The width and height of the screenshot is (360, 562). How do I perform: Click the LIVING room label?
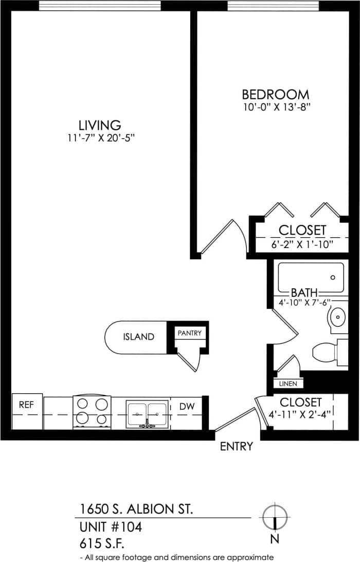tap(100, 125)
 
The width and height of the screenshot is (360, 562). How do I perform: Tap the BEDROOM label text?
tap(276, 95)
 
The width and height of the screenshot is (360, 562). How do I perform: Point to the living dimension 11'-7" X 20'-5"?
tap(100, 138)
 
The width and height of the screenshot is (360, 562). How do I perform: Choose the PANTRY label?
tap(190, 333)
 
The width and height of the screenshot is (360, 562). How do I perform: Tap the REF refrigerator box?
tap(26, 405)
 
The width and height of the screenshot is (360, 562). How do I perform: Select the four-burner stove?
tap(93, 412)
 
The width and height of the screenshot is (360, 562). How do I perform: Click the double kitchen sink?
tap(147, 414)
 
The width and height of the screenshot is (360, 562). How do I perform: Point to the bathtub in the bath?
tap(311, 277)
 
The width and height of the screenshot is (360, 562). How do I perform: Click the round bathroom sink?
tap(338, 318)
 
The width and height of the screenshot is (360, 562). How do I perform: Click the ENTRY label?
tap(236, 446)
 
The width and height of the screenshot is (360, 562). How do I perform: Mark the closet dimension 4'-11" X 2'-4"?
tap(301, 414)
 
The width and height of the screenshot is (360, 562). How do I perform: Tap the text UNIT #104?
tap(111, 527)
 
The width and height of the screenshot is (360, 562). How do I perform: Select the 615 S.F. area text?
tap(102, 543)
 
